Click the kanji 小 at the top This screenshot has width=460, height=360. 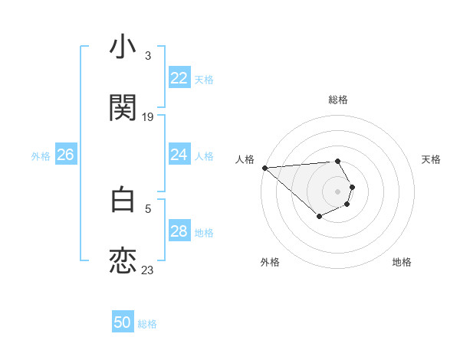(x=123, y=47)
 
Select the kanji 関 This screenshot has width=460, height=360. (x=123, y=107)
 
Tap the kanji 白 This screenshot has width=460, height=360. (x=123, y=200)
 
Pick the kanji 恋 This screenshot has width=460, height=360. (x=123, y=260)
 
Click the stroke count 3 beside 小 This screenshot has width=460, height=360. (x=148, y=56)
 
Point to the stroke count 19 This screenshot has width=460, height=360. (x=148, y=116)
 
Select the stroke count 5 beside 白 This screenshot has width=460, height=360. (x=148, y=208)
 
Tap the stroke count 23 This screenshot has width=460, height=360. (x=148, y=270)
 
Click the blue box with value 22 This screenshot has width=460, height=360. (x=179, y=78)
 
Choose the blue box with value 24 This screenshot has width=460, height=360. (x=179, y=155)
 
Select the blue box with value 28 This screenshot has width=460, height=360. (x=179, y=231)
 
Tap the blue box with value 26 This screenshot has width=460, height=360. (x=65, y=155)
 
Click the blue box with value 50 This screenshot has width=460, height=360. (x=123, y=322)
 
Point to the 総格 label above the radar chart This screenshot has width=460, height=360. (x=338, y=100)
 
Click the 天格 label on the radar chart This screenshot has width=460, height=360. (x=432, y=159)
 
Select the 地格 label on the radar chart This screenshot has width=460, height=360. (x=402, y=262)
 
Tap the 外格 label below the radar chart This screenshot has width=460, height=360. (x=270, y=262)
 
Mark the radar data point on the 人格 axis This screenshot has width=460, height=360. (x=264, y=168)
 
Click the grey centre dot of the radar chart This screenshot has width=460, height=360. (x=338, y=191)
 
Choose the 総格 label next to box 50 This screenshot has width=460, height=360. (x=147, y=324)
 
